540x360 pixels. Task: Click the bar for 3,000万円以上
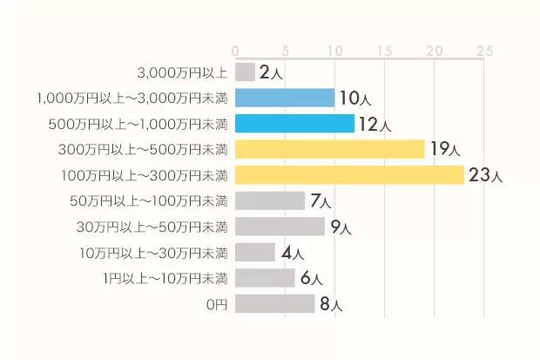pos(245,72)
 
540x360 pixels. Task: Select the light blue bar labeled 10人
pos(285,98)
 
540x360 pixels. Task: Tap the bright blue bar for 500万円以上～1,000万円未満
pos(294,124)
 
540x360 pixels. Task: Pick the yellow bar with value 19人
pos(329,149)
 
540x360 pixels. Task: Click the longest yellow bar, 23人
pos(349,175)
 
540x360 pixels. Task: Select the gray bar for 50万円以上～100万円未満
pos(270,200)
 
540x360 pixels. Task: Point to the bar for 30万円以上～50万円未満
pos(280,227)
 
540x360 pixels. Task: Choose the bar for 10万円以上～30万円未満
pos(255,253)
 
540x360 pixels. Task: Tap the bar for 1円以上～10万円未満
pos(265,278)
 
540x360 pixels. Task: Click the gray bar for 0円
pos(274,304)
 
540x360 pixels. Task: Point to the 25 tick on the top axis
pos(484,51)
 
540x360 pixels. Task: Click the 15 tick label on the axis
pos(384,51)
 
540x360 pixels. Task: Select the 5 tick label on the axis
pos(285,51)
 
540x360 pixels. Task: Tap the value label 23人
pos(485,175)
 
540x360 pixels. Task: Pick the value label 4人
pos(292,254)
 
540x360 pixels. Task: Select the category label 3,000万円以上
pos(183,72)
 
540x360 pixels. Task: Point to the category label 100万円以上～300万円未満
pos(145,175)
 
